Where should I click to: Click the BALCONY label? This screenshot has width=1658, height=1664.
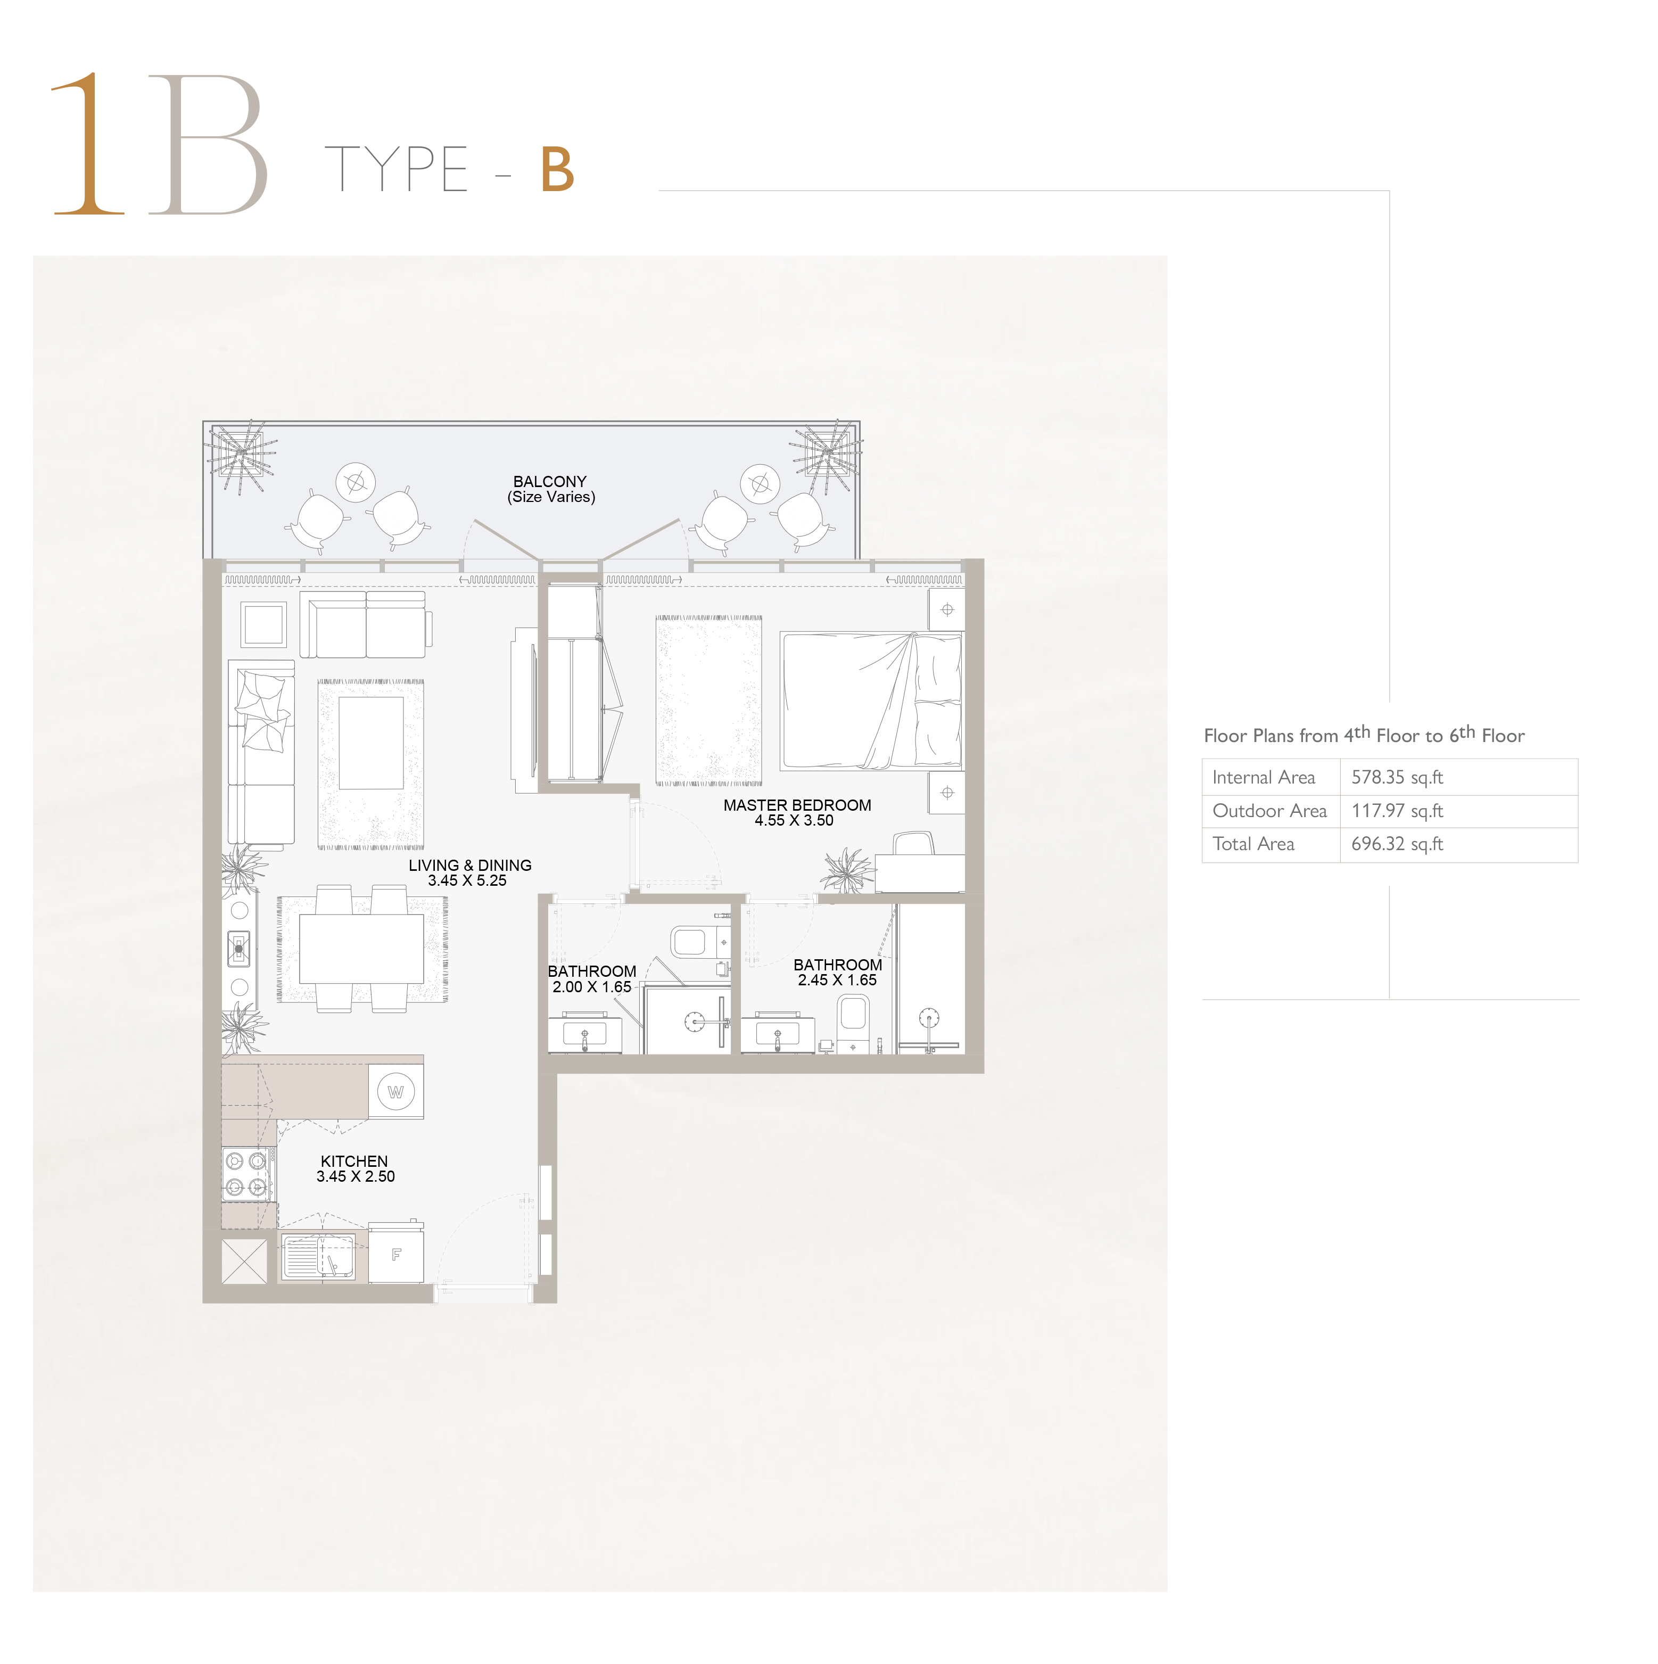[x=549, y=481]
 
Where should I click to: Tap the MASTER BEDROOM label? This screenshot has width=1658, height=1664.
[x=797, y=805]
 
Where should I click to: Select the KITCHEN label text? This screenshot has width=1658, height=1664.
[x=354, y=1161]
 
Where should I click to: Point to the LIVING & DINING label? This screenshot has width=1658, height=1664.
[x=469, y=866]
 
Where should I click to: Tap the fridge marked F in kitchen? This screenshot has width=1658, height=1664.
[x=396, y=1255]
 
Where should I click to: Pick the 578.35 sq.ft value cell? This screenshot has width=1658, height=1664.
[x=1397, y=777]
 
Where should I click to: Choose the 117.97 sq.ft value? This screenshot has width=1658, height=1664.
[x=1397, y=811]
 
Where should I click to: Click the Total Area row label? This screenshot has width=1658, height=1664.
[x=1253, y=844]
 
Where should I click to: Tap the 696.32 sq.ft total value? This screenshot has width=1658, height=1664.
[x=1397, y=844]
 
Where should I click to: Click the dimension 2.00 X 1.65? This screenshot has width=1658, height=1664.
[x=592, y=987]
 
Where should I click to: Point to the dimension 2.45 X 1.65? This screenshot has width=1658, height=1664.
[x=837, y=980]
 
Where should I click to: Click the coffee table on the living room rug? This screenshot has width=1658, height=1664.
[x=371, y=743]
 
